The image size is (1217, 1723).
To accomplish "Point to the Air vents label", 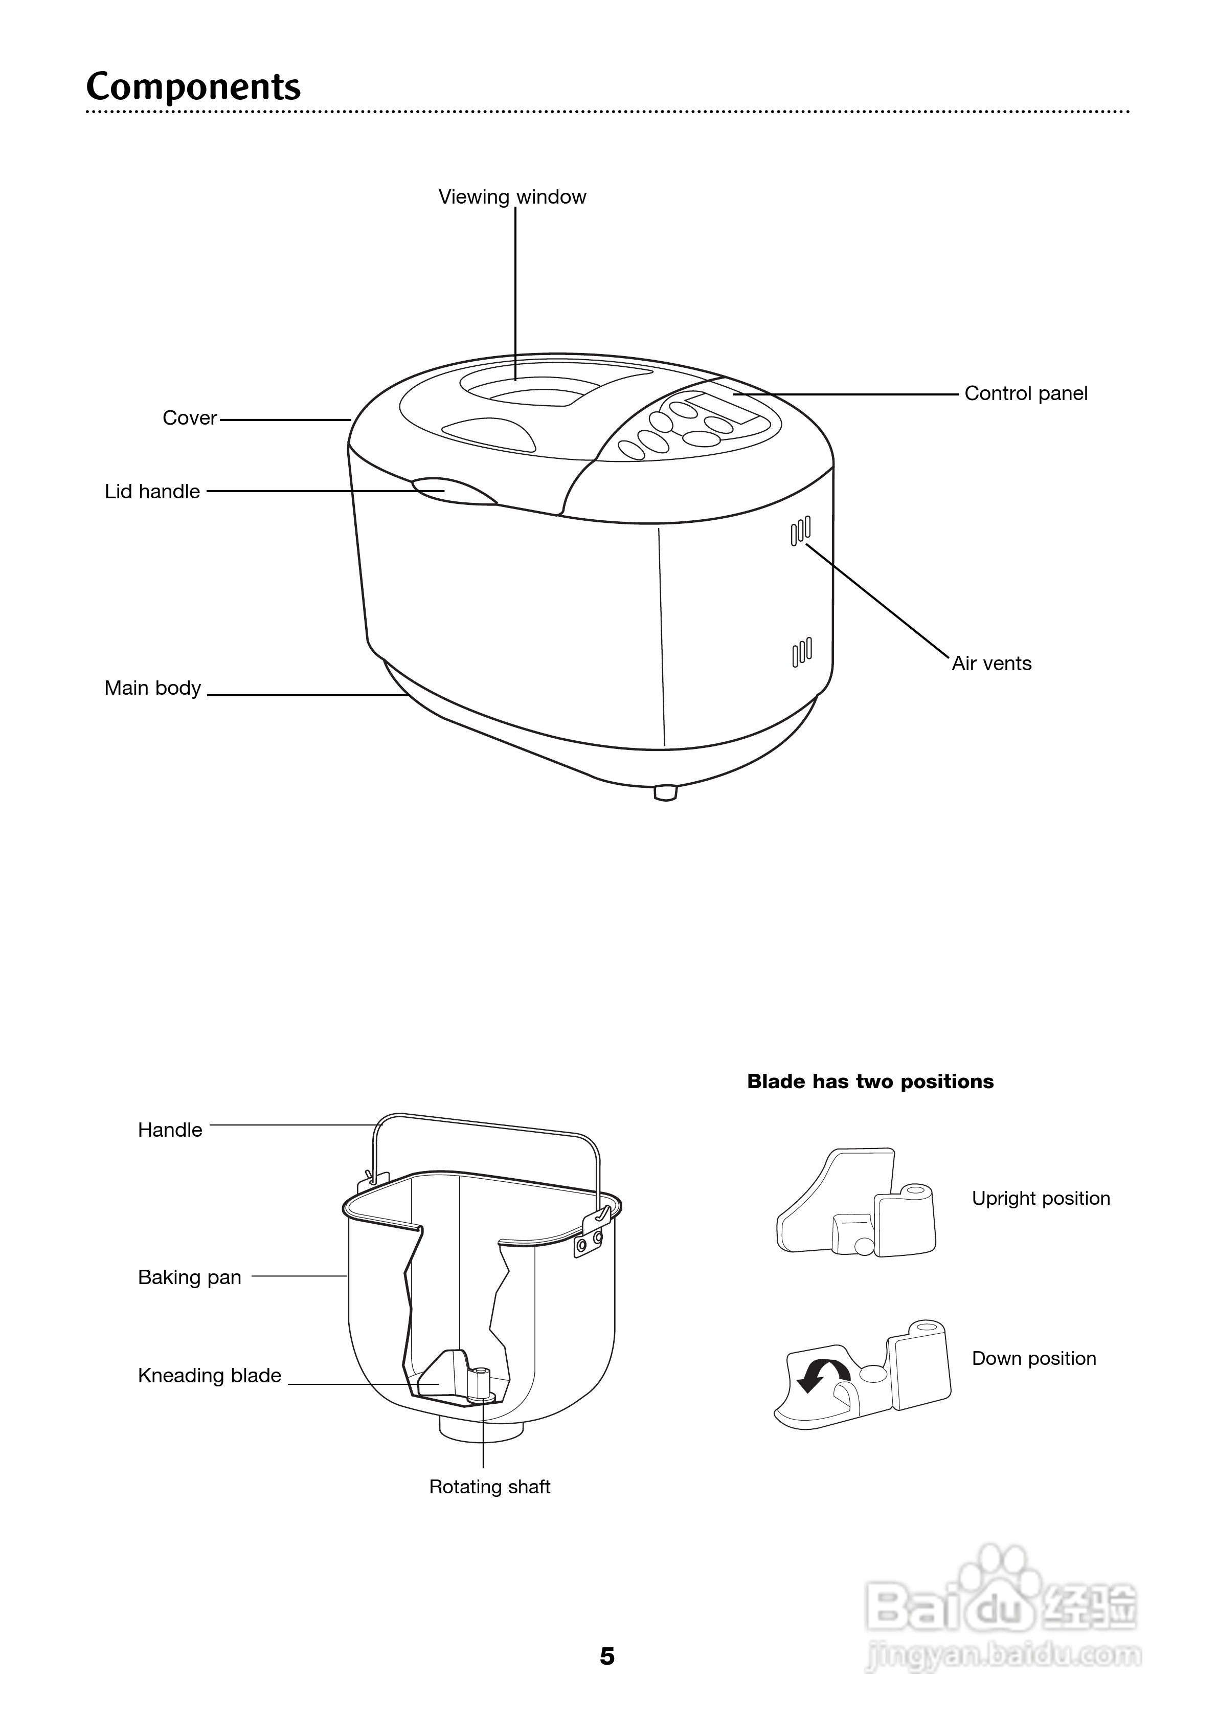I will [991, 664].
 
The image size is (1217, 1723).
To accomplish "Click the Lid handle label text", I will [152, 492].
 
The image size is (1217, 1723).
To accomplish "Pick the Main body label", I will [152, 688].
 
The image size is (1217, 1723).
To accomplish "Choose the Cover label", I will [189, 418].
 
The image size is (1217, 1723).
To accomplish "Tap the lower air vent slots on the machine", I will [801, 652].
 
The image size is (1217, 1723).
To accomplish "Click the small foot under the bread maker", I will [665, 792].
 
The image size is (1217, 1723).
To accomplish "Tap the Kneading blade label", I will [209, 1376].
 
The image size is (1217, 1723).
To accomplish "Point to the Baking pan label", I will [189, 1277].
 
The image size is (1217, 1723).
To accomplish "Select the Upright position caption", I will [1041, 1199].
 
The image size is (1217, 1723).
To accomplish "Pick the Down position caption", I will [1033, 1358].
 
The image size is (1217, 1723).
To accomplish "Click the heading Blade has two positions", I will [870, 1081].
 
